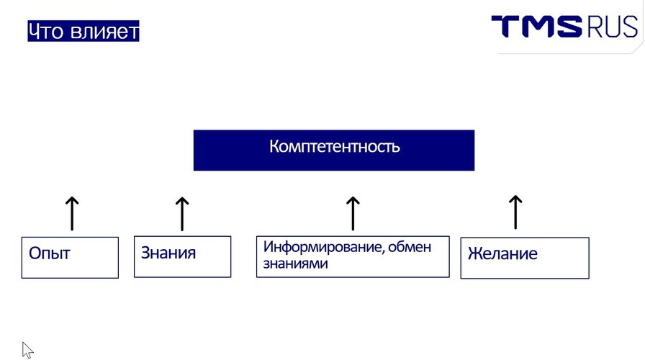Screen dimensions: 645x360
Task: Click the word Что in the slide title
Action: [x=46, y=31]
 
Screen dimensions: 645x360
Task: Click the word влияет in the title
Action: [x=105, y=31]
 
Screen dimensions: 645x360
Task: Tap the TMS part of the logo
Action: [x=536, y=27]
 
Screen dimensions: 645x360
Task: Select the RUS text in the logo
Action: [x=613, y=27]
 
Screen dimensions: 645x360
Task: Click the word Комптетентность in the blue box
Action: [x=335, y=146]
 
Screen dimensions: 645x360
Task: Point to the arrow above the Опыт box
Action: [x=72, y=213]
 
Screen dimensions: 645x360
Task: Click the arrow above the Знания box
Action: [x=182, y=214]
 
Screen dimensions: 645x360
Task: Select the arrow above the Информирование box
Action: [x=353, y=213]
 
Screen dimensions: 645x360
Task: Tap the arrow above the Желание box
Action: [x=515, y=212]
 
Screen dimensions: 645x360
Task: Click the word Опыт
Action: [x=50, y=253]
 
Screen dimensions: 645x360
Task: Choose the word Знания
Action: [x=168, y=253]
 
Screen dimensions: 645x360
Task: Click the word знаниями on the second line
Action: [x=295, y=264]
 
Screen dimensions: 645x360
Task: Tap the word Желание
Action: [x=502, y=253]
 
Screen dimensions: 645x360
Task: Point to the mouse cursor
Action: [x=27, y=350]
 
